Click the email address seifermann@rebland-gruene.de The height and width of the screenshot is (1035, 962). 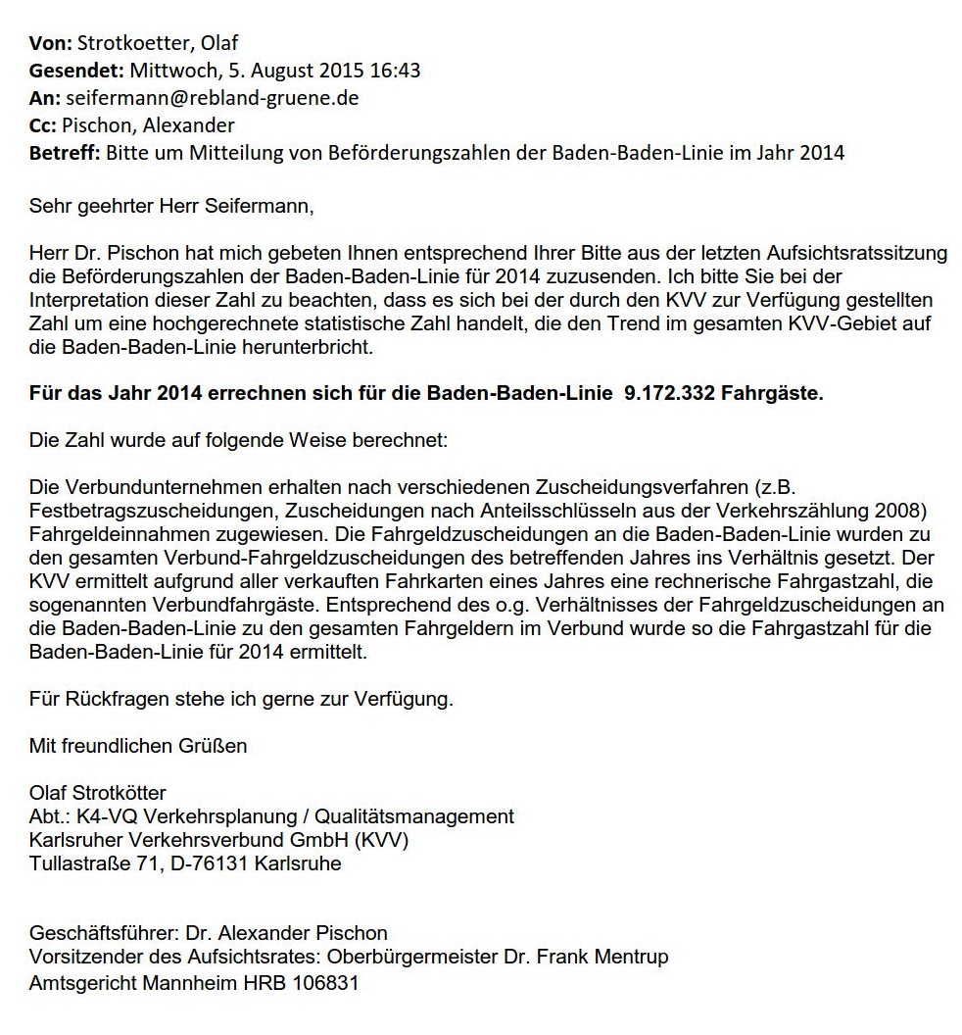coord(212,98)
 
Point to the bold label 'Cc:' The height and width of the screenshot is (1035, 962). coord(45,125)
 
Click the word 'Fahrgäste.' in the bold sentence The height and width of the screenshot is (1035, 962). coord(779,394)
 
